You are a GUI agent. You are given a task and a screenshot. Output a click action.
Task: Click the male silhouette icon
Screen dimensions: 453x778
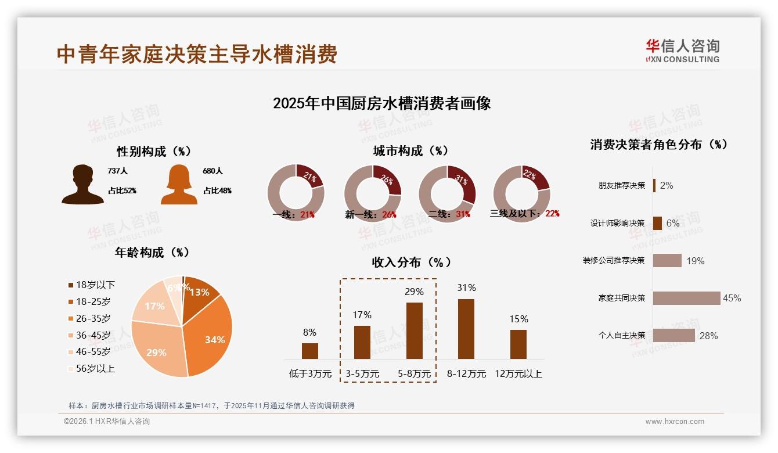pyautogui.click(x=82, y=185)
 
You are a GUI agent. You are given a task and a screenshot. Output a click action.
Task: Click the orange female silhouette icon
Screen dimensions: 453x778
pyautogui.click(x=179, y=185)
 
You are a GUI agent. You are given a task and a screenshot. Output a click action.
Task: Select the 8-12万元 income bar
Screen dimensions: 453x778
pyautogui.click(x=466, y=329)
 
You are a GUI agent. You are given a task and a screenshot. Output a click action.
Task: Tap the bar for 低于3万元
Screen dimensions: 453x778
pyautogui.click(x=310, y=351)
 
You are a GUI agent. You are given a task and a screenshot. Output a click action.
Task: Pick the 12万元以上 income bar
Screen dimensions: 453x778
pyautogui.click(x=518, y=344)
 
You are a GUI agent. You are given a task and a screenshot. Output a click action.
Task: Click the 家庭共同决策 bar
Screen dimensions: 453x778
pyautogui.click(x=686, y=298)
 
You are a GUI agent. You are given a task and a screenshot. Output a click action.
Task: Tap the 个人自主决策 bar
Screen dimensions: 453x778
pyautogui.click(x=673, y=335)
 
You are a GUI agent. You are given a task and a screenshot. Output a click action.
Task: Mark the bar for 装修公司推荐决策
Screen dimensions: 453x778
pyautogui.click(x=667, y=260)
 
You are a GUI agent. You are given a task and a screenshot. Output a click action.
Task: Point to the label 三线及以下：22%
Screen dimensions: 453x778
pyautogui.click(x=525, y=213)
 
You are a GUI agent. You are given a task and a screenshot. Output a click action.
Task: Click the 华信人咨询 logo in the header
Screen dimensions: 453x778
pyautogui.click(x=682, y=51)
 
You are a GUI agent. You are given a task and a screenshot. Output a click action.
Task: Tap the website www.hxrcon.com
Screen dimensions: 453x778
pyautogui.click(x=675, y=422)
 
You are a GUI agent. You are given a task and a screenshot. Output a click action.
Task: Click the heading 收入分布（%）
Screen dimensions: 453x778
pyautogui.click(x=411, y=262)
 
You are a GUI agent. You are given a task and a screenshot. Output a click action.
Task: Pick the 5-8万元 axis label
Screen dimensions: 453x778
pyautogui.click(x=415, y=374)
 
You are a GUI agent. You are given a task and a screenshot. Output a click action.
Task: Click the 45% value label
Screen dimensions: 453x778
pyautogui.click(x=732, y=298)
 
